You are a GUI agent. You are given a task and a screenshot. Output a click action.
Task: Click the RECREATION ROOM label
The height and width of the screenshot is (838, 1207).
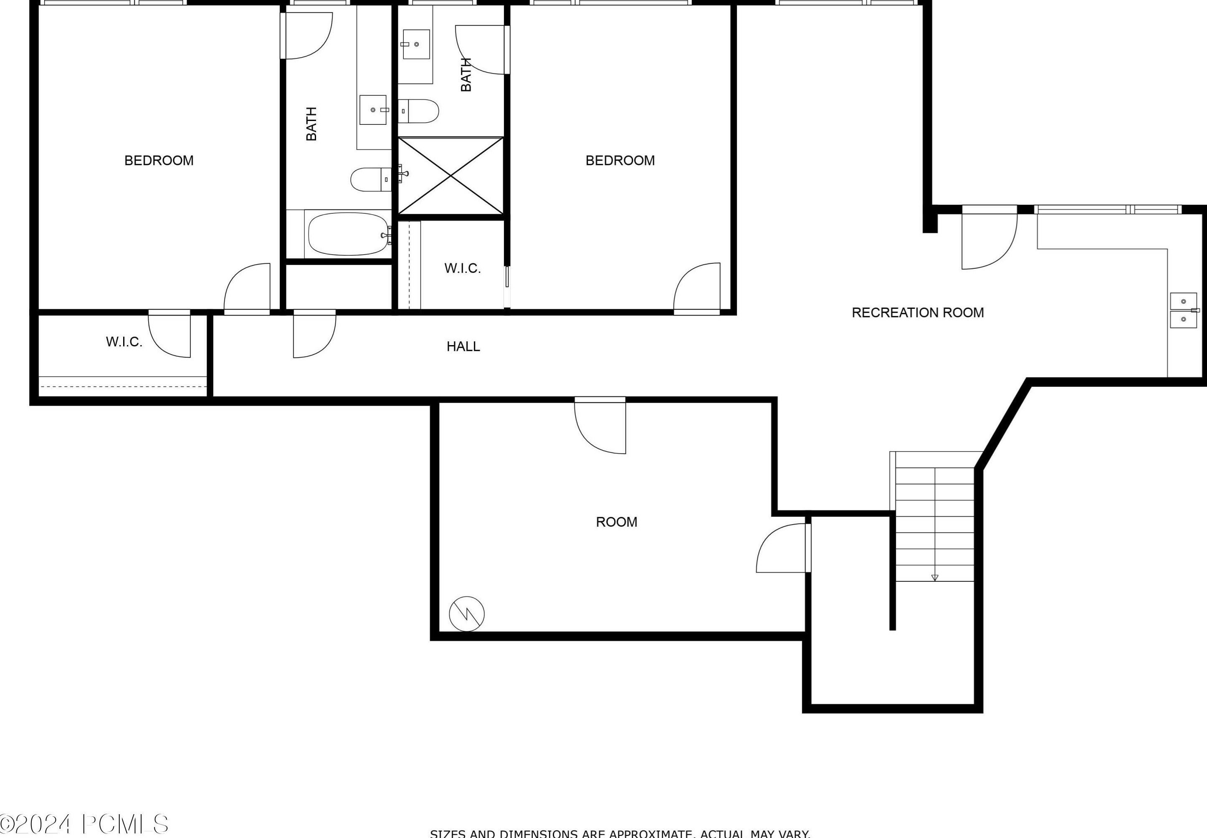(917, 313)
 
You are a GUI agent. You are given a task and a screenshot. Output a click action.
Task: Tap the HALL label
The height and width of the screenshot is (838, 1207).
(463, 346)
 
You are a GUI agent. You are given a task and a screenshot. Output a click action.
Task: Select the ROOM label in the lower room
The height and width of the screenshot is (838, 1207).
(616, 522)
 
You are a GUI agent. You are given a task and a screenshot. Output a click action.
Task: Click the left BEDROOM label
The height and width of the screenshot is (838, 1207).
(159, 161)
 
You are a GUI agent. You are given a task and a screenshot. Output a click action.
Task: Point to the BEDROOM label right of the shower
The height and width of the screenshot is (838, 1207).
(620, 161)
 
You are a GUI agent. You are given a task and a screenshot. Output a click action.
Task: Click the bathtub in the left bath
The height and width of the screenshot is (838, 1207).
(348, 234)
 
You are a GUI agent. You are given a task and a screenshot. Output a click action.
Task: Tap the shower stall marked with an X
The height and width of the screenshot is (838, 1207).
(450, 176)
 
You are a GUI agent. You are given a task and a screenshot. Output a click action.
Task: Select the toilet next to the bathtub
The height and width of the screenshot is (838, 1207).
(370, 179)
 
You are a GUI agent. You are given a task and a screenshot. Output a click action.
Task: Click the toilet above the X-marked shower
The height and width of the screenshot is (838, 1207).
(419, 111)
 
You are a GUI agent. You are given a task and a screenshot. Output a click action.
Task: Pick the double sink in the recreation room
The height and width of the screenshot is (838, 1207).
(1183, 310)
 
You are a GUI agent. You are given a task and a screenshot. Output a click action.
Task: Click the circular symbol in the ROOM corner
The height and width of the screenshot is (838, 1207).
(466, 614)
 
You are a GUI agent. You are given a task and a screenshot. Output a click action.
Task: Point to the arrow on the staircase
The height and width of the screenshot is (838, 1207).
(934, 578)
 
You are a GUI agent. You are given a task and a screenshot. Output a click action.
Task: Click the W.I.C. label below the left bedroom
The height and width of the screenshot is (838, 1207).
(124, 342)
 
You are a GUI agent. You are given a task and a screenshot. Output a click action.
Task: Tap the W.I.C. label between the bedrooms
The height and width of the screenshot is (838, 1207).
(462, 268)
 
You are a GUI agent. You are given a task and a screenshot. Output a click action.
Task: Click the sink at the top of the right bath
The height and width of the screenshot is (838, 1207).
(416, 45)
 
